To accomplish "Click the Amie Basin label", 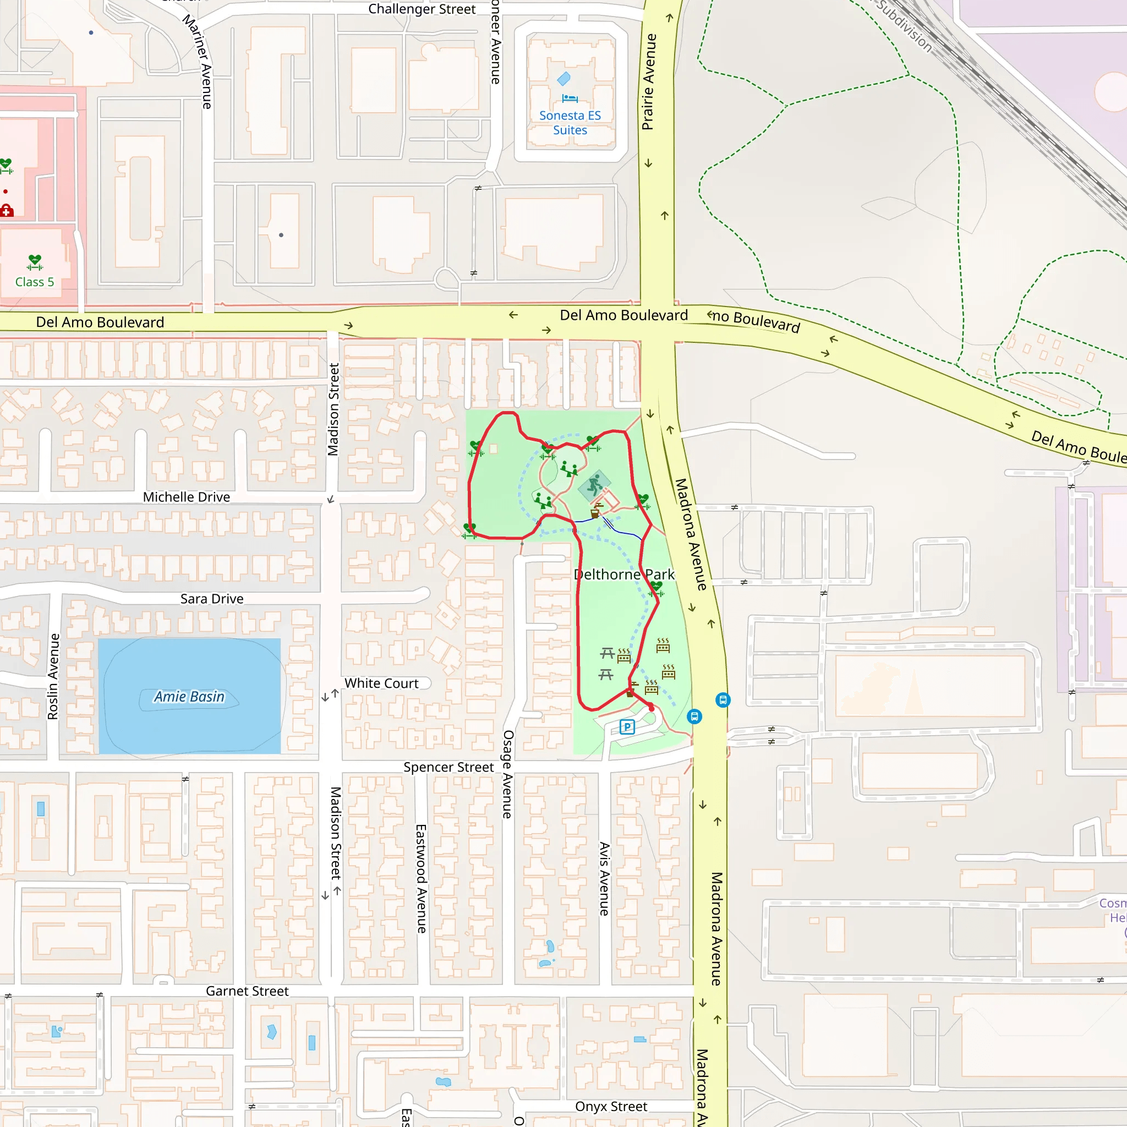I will (x=189, y=697).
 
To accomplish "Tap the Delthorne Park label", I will (x=623, y=575).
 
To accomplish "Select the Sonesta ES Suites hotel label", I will (x=570, y=123).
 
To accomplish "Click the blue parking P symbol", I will (x=627, y=727).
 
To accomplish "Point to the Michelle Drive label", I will (x=187, y=497).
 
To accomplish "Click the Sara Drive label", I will (x=212, y=599).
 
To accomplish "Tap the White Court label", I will (x=381, y=683).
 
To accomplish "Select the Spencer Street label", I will (x=448, y=767).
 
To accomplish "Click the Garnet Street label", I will (x=247, y=991).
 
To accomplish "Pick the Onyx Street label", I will (x=611, y=1107).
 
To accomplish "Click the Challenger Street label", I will (x=422, y=9).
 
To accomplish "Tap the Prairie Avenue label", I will (x=649, y=81).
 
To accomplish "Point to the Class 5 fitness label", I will (x=35, y=282).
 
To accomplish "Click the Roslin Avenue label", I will (x=53, y=677).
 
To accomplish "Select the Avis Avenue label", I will (x=604, y=878).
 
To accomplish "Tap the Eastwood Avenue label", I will (x=421, y=878).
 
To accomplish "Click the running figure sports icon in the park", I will (x=594, y=485).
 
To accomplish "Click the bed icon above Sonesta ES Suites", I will (x=570, y=98).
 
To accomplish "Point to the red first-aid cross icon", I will (x=7, y=210).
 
